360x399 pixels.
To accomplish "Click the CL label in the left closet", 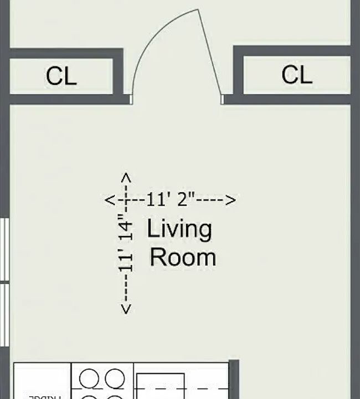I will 61,76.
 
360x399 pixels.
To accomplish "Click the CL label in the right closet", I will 296,75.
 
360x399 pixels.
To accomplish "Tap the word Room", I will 183,258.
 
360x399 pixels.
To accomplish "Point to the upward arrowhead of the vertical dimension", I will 126,178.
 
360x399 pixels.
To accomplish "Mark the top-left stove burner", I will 89,379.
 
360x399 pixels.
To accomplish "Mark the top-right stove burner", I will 115,379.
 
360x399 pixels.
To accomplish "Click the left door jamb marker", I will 131,99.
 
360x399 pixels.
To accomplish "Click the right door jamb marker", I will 223,99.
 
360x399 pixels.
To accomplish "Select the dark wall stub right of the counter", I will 234,379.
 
